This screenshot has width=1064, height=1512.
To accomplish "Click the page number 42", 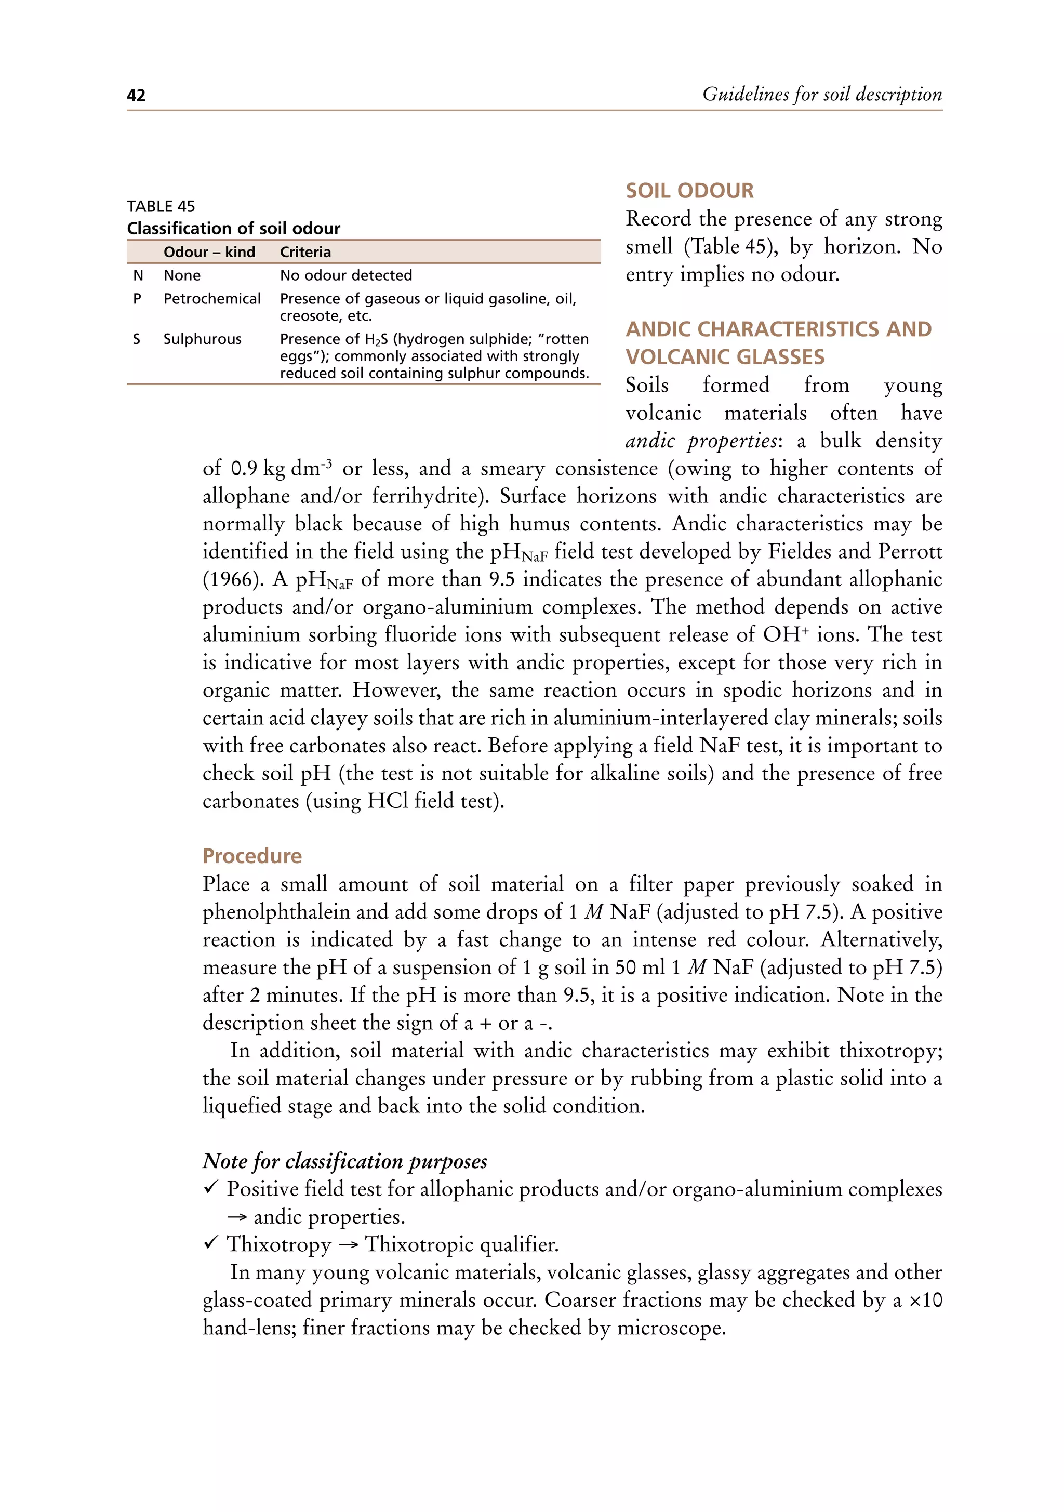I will coord(136,96).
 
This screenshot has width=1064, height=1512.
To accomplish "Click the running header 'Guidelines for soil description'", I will coord(822,94).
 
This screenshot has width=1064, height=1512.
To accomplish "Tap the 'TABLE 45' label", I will coord(161,206).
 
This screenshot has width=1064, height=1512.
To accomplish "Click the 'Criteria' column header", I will coord(305,252).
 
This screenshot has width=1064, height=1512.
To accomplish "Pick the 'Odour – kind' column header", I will coord(209,252).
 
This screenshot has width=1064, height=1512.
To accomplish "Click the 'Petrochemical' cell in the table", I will coord(212,298).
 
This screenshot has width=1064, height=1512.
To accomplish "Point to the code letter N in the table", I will coord(138,275).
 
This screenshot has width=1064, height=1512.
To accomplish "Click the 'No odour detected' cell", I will coord(345,275).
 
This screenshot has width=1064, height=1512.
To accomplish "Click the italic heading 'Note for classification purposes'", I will coord(344,1160).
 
